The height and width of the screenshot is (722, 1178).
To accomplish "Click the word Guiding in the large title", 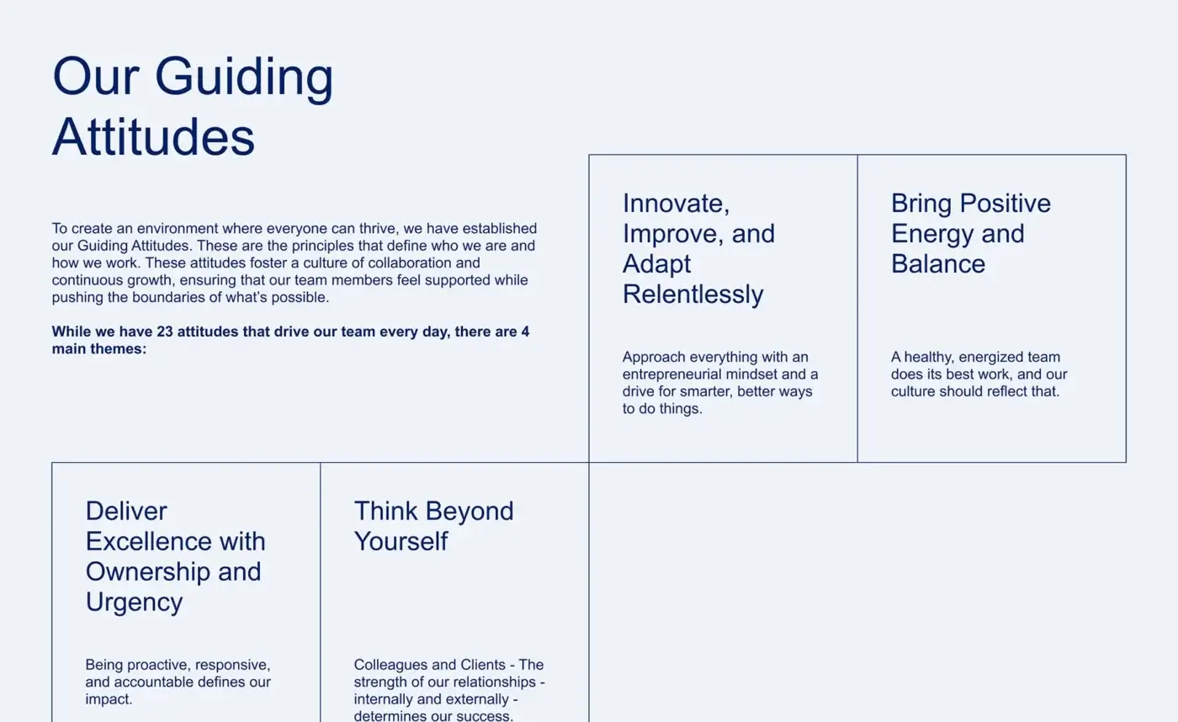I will [244, 77].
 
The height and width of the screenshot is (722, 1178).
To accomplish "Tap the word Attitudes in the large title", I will [153, 136].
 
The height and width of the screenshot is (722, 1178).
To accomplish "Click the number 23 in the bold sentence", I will [165, 332].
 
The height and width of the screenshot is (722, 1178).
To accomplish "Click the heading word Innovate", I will [676, 204].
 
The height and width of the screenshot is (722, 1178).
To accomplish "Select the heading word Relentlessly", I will [692, 295].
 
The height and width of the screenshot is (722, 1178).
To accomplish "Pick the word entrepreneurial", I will [677, 374].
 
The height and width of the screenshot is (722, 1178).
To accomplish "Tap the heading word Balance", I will [937, 264].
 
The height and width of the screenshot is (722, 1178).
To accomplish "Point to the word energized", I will [980, 357].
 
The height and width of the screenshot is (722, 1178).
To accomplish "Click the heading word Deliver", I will [126, 512].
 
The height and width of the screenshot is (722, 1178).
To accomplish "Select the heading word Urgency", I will [134, 603].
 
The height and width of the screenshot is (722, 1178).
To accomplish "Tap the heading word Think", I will [385, 512].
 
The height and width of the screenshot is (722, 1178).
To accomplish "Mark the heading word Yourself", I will [401, 542].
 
